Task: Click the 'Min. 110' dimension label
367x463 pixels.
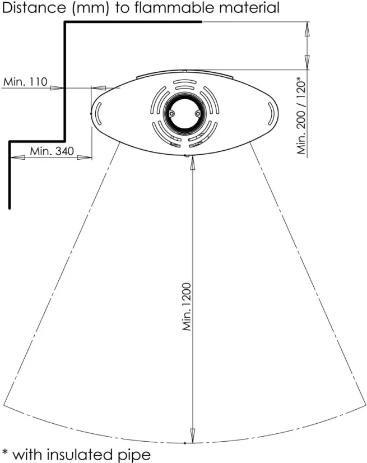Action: click(x=25, y=81)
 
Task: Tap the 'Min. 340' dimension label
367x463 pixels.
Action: click(x=52, y=151)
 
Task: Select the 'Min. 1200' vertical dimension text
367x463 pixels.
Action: click(x=187, y=307)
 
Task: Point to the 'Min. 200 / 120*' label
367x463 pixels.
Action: click(x=301, y=115)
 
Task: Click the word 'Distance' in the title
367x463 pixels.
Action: click(x=34, y=8)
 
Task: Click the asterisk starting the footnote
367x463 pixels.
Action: click(x=4, y=452)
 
